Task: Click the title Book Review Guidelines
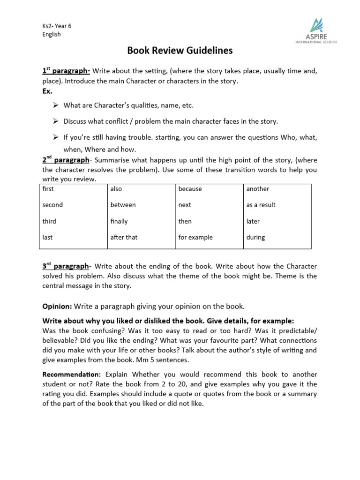click(x=180, y=51)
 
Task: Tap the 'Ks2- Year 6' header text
click(x=57, y=26)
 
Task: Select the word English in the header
click(x=52, y=34)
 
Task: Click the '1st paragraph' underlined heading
click(x=66, y=71)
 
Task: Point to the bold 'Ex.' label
click(x=47, y=91)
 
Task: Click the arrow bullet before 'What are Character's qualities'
click(x=55, y=105)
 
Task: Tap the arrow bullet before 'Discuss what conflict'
click(x=55, y=121)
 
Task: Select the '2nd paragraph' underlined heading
click(x=66, y=160)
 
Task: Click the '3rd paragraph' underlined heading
click(x=66, y=266)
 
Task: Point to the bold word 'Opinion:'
click(x=57, y=307)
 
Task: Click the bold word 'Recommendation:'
click(x=71, y=375)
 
